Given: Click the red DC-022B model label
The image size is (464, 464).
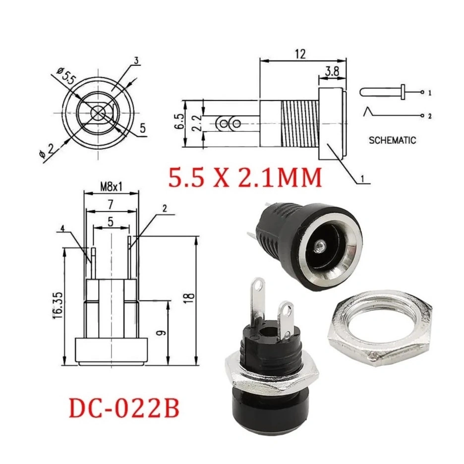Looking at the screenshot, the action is pos(124,408).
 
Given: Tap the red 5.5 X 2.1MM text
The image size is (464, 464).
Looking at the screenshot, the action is pos(245,177).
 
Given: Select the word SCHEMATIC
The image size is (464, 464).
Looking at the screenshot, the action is pos(392,140).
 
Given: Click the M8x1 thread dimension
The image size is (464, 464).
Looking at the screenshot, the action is pos(111,187).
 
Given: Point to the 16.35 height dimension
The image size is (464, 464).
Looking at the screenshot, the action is pos(58,305).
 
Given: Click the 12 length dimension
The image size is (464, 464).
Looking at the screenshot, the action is pos(300,54).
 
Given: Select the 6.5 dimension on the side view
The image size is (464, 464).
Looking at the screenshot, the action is pos(179,121).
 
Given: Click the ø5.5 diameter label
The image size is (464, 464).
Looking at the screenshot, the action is pos(66,76).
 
